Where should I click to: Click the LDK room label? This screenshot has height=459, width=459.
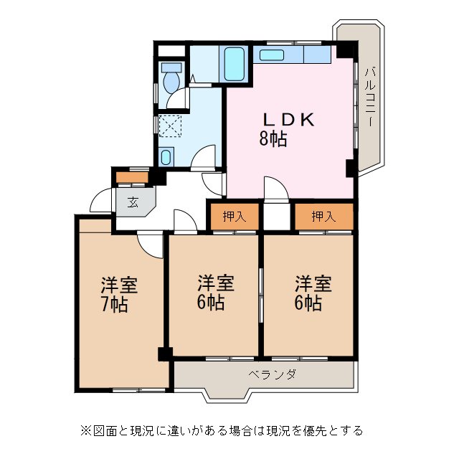point(290,120)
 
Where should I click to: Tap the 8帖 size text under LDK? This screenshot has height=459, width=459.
point(273,139)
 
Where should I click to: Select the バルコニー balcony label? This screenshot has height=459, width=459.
point(369,97)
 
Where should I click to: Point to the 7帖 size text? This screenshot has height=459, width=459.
point(115,304)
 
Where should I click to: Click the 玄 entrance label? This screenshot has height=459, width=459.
point(133,202)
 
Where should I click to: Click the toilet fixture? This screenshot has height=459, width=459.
point(171,80)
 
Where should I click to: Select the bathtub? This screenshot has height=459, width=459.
point(234,65)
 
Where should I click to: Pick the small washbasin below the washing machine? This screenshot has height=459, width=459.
point(166,156)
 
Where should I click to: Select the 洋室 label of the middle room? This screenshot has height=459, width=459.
point(216,282)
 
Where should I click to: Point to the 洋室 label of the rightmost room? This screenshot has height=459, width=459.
point(313,282)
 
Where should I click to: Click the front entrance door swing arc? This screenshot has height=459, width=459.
point(100,201)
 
